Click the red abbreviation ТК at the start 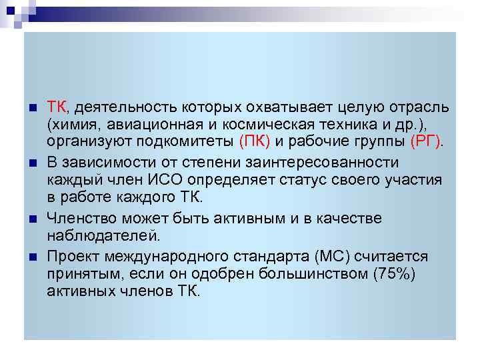coord(55,108)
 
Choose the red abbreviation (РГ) coord(426,141)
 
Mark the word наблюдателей coord(103,235)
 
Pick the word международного coord(169,257)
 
